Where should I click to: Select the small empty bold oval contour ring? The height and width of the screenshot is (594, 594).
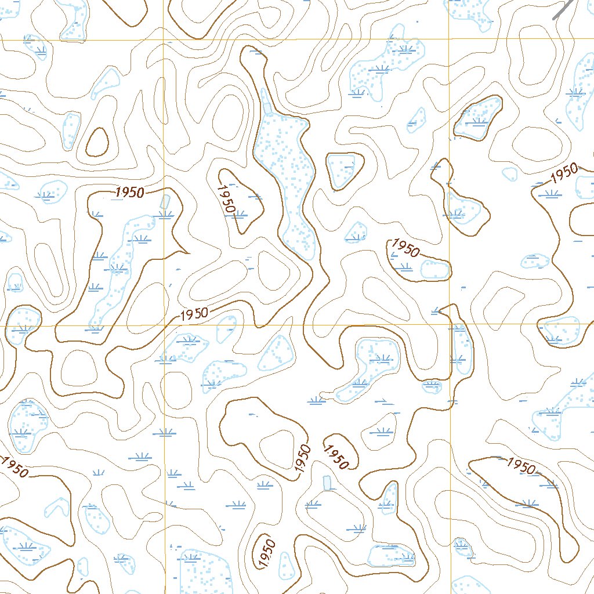(x=97, y=142)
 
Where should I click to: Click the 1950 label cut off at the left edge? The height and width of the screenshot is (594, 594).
(x=13, y=468)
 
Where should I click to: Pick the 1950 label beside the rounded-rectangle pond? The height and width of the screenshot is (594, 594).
(x=405, y=248)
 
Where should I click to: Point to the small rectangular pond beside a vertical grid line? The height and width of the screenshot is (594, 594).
(x=165, y=201)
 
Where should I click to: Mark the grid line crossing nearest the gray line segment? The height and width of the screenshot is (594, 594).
(x=450, y=39)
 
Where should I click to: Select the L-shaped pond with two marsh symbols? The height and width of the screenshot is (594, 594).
(x=368, y=368)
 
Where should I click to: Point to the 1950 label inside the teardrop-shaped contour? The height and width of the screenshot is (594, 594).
(x=227, y=199)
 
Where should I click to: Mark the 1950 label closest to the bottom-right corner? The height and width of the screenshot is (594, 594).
(x=521, y=465)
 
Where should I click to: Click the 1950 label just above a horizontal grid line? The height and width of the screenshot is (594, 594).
(x=194, y=314)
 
